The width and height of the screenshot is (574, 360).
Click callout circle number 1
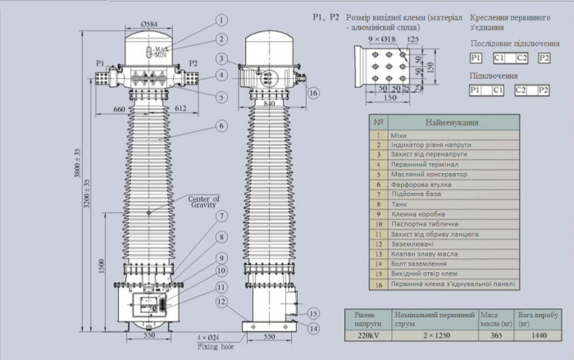(221, 18)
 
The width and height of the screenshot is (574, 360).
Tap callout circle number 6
(221, 126)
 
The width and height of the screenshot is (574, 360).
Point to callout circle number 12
(221, 302)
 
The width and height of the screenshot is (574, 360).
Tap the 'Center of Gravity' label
(203, 201)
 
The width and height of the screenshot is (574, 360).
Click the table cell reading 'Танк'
(399, 204)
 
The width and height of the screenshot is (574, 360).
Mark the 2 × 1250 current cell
(434, 335)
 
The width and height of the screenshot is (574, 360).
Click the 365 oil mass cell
(493, 335)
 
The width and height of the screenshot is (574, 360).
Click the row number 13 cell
(378, 253)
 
